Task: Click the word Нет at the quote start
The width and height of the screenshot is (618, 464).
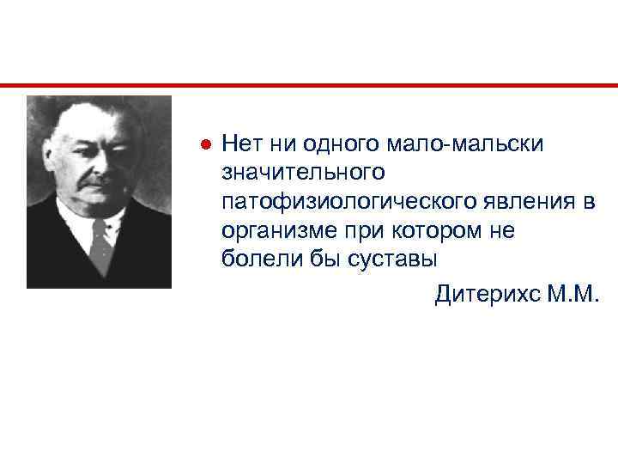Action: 241,143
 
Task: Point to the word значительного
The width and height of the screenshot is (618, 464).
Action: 300,173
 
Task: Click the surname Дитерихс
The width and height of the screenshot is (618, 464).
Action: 487,295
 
